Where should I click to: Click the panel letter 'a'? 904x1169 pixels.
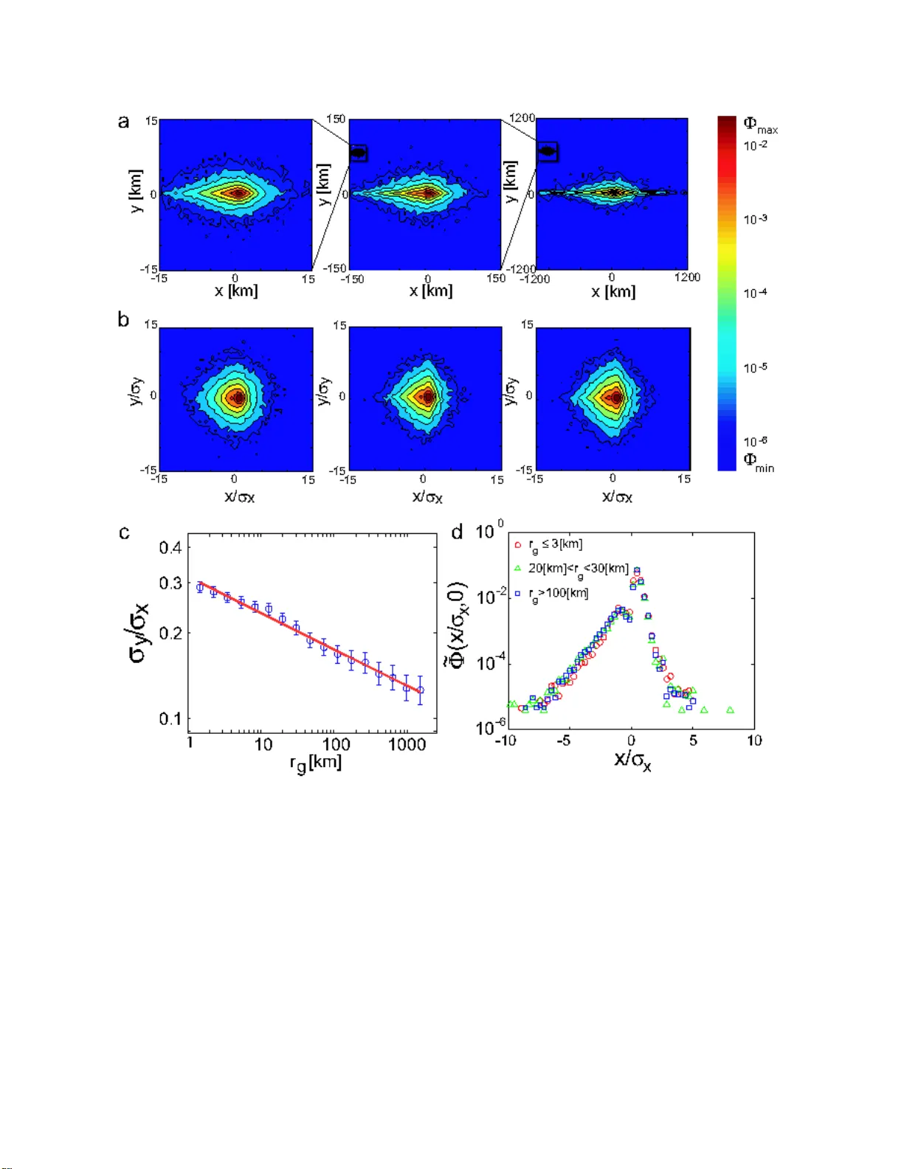(x=124, y=122)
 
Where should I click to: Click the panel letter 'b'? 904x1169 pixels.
(x=123, y=320)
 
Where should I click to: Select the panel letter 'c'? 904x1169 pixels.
(x=124, y=533)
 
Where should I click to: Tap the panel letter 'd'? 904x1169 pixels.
(x=458, y=532)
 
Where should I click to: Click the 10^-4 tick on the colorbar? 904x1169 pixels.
(x=755, y=294)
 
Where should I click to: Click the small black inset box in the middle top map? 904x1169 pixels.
(x=358, y=153)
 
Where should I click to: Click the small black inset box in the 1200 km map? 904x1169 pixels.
(x=547, y=152)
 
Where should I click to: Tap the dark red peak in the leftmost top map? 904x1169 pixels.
(x=238, y=194)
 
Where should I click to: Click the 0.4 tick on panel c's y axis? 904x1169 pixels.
(x=170, y=547)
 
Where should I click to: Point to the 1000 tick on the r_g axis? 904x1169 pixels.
(x=407, y=745)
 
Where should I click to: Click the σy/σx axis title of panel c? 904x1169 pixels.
(x=139, y=633)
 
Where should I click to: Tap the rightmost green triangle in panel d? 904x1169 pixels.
(x=730, y=710)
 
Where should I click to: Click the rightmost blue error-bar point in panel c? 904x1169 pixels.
(x=421, y=690)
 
